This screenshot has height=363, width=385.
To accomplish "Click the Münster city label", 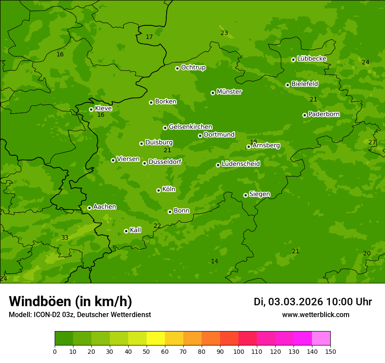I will [229, 92].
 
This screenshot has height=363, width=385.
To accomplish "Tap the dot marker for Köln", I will [158, 190].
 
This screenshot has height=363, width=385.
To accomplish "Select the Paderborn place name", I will [324, 114].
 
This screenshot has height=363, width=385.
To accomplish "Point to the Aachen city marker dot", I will [89, 208].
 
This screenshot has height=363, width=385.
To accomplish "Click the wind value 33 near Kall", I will [65, 237].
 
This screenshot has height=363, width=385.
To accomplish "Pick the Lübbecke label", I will [311, 59].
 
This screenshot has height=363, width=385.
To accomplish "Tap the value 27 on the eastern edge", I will [372, 142].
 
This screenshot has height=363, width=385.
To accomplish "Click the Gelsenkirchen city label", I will [190, 127].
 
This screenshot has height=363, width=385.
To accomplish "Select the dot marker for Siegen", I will [245, 195].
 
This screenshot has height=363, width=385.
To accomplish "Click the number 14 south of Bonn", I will [214, 261].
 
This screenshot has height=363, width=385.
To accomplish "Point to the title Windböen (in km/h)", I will [70, 301].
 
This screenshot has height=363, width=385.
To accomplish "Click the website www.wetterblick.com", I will [315, 314].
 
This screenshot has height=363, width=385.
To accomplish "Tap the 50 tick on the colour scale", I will [147, 351].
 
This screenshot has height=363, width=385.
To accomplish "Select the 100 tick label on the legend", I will [238, 351].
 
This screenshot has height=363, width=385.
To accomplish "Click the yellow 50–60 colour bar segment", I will [156, 339].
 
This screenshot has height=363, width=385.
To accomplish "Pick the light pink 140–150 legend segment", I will [321, 339].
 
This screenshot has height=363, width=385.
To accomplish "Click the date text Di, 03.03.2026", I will [288, 302].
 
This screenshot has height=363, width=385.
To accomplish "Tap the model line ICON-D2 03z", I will [80, 314].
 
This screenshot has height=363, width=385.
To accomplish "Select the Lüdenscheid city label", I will [241, 164].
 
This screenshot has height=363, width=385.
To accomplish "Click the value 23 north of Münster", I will [224, 33].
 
